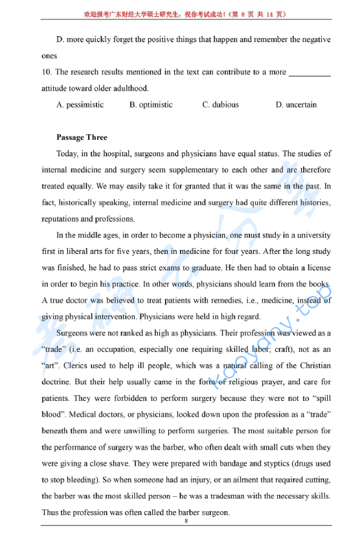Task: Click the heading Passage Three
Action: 82,137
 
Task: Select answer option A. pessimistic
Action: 80,104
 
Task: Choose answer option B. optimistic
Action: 151,104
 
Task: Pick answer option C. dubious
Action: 220,104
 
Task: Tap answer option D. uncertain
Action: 296,104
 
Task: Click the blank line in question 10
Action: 309,73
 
